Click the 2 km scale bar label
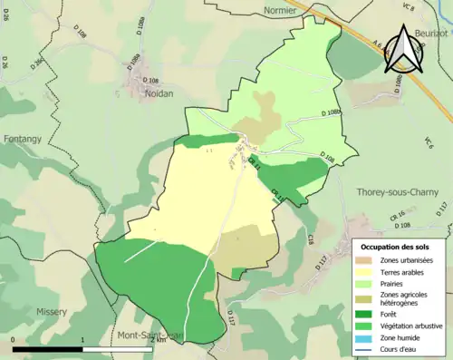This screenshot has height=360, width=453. pos(159,339)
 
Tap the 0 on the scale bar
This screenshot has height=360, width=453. pos(14,339)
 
